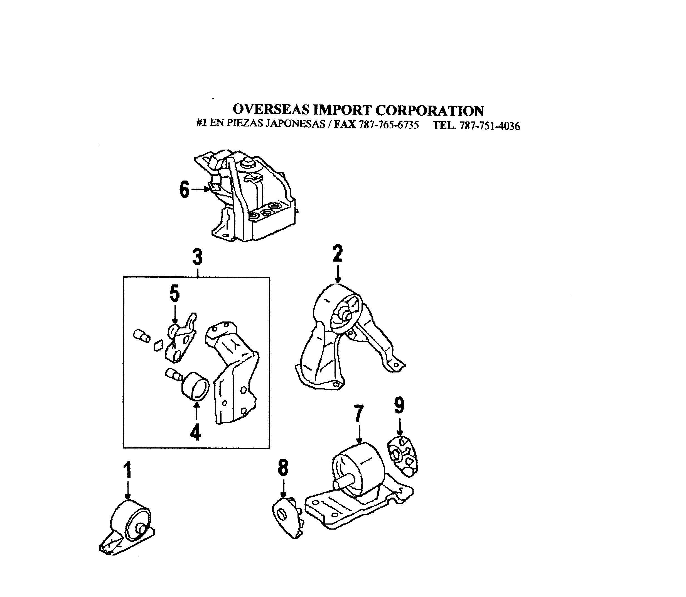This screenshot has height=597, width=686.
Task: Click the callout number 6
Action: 185,189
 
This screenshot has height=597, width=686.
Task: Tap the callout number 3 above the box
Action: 197,257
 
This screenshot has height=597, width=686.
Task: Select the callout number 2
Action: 338,254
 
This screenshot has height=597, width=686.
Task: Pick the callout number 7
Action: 358,414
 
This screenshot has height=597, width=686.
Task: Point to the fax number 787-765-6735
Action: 389,125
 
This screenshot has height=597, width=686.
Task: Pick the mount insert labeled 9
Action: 403,456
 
